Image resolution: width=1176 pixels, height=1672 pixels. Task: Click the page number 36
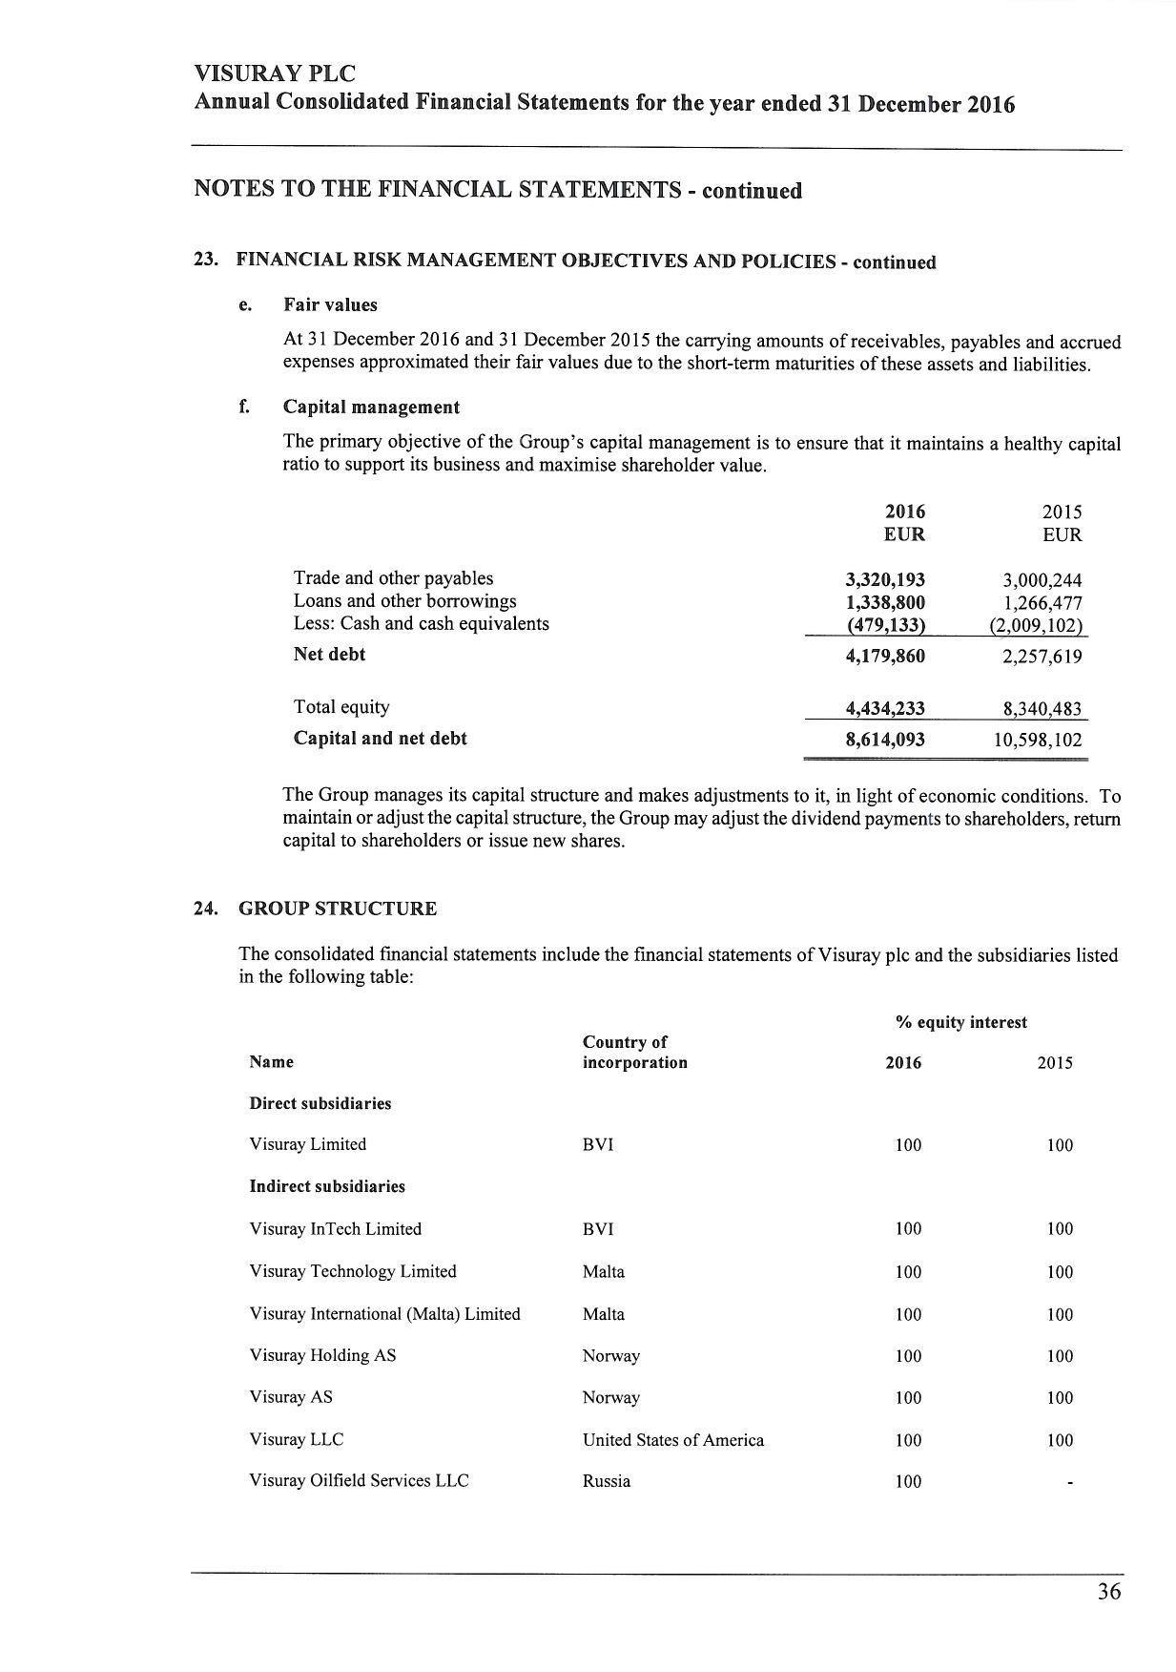coord(1108,1592)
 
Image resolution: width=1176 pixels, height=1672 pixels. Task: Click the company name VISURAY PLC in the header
coord(275,74)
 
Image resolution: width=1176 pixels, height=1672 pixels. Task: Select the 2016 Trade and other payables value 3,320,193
coord(885,579)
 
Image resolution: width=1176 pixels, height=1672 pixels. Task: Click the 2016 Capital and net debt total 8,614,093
coord(885,740)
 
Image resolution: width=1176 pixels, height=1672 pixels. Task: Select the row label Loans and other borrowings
coord(404,601)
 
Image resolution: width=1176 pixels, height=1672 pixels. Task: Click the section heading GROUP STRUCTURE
coord(338,909)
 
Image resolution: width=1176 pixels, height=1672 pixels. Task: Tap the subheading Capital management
coord(371,408)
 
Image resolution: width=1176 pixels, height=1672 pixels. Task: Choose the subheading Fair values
coord(330,305)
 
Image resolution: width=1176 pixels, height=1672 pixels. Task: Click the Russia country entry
coord(607,1482)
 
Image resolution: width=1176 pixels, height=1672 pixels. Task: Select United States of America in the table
coord(673,1440)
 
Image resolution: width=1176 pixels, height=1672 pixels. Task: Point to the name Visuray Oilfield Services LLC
coord(359,1481)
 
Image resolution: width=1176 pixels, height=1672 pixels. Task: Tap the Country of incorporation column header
coord(634,1053)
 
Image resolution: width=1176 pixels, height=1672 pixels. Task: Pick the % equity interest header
coord(961,1023)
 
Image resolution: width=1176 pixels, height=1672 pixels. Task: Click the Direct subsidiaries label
coord(320,1104)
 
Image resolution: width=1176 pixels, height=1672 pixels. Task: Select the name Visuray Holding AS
coord(322,1356)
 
